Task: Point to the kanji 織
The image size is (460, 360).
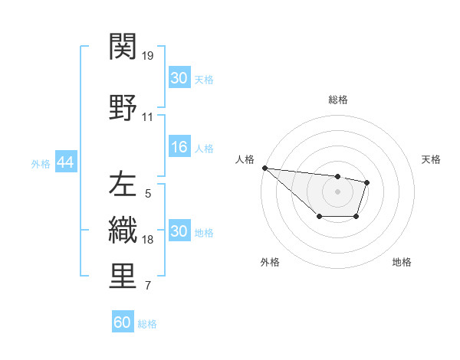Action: tap(123, 229)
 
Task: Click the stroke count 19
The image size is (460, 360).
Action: tap(148, 56)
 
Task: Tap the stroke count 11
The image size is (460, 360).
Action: tap(148, 117)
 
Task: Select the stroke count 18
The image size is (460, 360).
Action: tap(148, 240)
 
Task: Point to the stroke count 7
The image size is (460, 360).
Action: tap(148, 286)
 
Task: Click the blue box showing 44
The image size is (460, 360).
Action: tap(65, 162)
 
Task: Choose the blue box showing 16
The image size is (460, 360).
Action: tap(179, 148)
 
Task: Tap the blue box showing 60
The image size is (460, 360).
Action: tap(123, 322)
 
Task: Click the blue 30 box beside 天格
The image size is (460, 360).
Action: tap(179, 77)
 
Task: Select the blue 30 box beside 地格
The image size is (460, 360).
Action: tap(179, 231)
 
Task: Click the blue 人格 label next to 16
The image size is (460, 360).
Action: tap(204, 149)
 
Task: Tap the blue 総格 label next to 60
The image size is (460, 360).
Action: tap(147, 324)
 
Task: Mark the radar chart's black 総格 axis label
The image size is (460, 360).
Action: tap(338, 100)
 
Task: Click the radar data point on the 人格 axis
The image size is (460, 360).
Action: tap(264, 168)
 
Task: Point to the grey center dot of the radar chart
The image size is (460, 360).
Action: tap(338, 191)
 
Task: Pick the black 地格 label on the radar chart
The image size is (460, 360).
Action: tap(402, 262)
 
